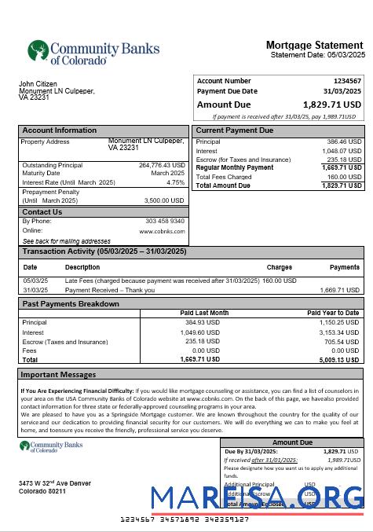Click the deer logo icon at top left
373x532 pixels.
[38, 51]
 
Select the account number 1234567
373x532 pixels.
[347, 81]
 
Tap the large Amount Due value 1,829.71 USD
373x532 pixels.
[331, 104]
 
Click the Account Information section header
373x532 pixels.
[60, 130]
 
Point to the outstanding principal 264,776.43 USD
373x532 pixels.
[162, 165]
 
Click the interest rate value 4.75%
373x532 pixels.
[176, 182]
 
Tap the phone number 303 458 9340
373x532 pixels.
[165, 221]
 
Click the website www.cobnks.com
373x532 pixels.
[163, 231]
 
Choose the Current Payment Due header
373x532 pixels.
[235, 130]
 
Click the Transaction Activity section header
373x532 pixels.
[104, 251]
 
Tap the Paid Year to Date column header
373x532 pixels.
[333, 313]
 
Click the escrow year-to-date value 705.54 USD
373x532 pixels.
[342, 342]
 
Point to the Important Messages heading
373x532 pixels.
[58, 375]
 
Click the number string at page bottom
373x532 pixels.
[185, 520]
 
